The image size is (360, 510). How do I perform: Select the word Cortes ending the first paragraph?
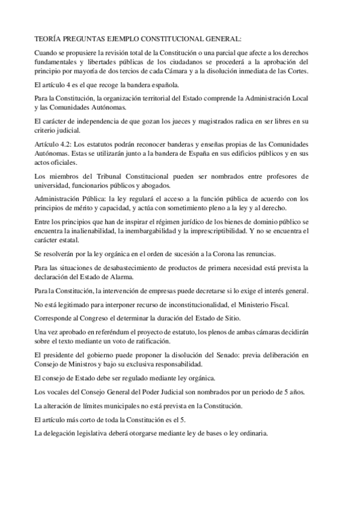(297, 71)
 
